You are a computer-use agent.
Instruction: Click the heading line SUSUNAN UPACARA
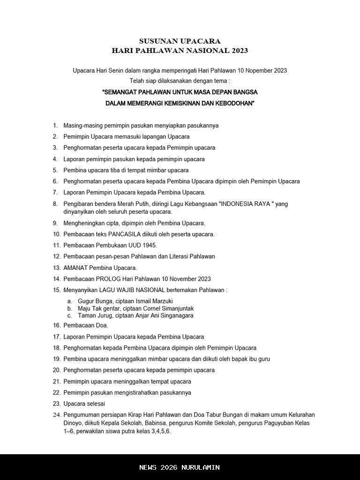180,41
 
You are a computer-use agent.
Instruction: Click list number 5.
55,170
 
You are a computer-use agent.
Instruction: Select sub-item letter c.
69,315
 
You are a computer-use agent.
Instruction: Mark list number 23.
56,404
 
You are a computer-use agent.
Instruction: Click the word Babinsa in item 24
170,423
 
